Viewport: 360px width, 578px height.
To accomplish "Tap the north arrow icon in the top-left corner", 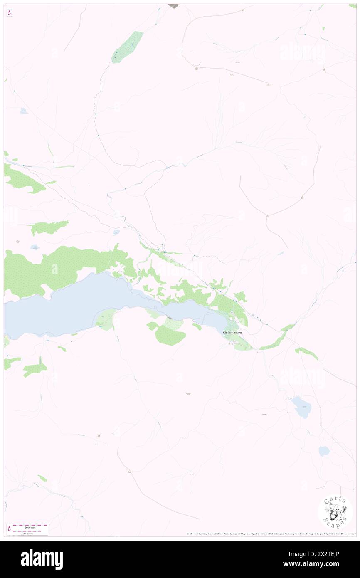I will click(x=9, y=12).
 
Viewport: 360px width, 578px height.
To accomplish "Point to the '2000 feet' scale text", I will click(x=27, y=527).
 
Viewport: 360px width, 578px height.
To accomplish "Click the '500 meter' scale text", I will click(x=27, y=533).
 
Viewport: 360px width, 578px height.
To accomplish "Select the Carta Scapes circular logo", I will click(x=335, y=512).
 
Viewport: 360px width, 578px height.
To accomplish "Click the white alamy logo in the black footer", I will click(x=42, y=559).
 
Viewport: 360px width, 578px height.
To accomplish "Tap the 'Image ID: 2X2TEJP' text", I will click(x=319, y=553).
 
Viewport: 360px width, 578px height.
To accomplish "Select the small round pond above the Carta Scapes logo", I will click(x=324, y=451).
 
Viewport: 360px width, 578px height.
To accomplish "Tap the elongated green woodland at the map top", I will click(x=127, y=47).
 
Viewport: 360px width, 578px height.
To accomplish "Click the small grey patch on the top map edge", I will click(x=173, y=6).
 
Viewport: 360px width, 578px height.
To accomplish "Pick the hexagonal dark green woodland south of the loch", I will click(x=170, y=336).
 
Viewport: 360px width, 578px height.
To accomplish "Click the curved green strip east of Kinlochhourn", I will click(x=276, y=339).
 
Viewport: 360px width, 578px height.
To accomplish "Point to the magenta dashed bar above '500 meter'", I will click(x=27, y=530).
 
